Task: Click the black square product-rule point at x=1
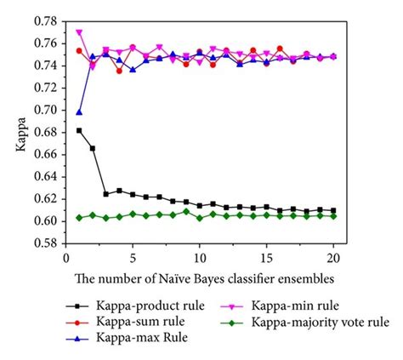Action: [x=80, y=130]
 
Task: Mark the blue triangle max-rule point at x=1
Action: [x=80, y=112]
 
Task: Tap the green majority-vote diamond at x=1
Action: [x=80, y=218]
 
